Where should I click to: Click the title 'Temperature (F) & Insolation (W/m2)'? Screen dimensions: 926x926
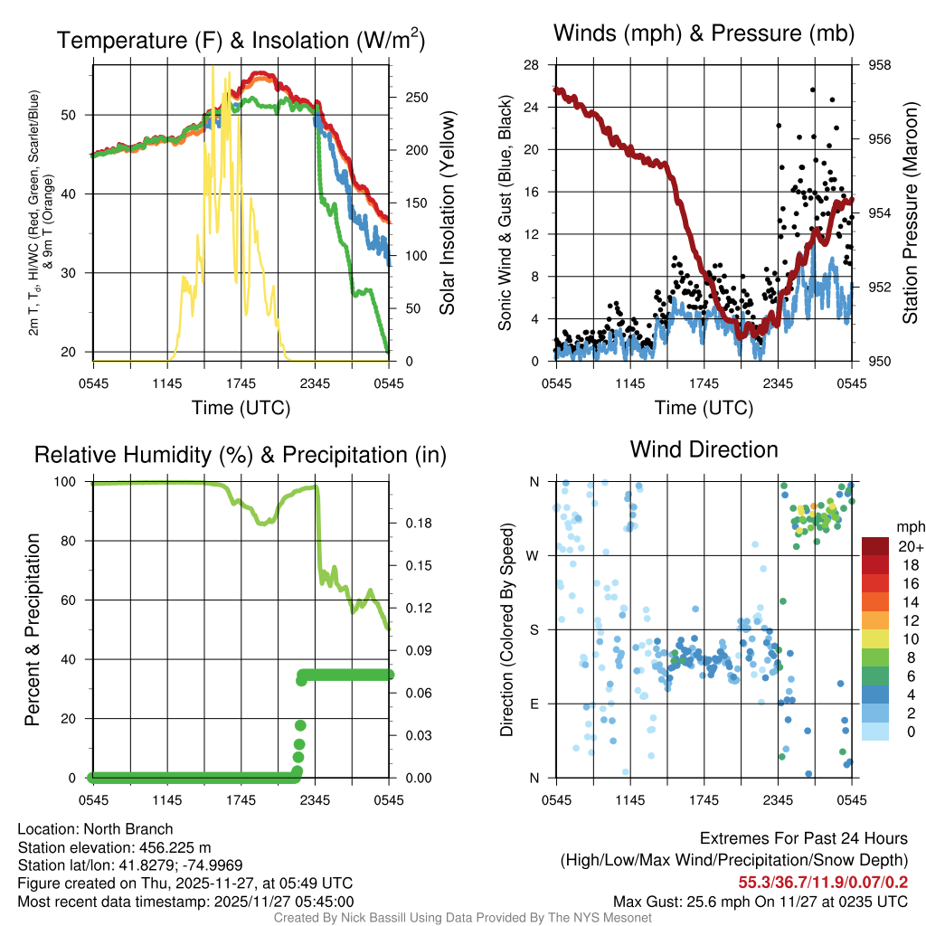[x=241, y=40]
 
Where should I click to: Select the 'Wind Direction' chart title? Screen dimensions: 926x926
[x=704, y=449]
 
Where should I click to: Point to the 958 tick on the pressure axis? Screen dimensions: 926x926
[x=880, y=65]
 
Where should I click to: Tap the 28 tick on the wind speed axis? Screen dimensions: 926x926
[x=531, y=65]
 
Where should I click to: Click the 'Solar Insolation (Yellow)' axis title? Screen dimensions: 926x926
[x=447, y=213]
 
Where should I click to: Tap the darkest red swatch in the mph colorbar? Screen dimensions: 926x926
[x=876, y=546]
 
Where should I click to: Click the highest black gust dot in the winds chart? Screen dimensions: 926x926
[x=813, y=90]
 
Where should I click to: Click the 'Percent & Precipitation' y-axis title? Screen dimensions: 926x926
[x=32, y=629]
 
